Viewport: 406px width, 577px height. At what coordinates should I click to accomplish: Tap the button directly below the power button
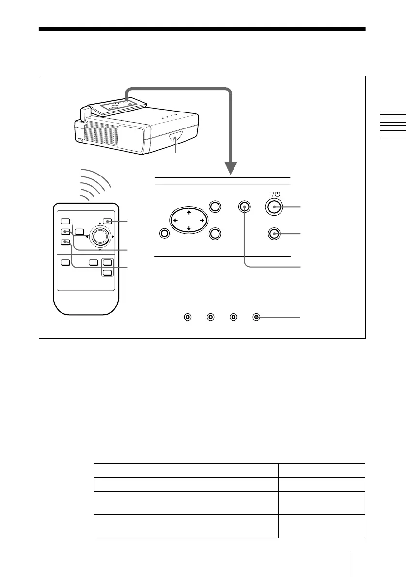275,234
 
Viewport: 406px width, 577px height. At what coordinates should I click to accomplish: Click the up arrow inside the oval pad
186,212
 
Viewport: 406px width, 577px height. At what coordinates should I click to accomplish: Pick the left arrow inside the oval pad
175,220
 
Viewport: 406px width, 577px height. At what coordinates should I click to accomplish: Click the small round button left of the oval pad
164,234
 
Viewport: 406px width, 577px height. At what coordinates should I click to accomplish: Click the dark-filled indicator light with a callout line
256,317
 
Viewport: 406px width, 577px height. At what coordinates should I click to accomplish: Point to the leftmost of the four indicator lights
187,317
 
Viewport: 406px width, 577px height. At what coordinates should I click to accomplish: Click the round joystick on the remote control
100,236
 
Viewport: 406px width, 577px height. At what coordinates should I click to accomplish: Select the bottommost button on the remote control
108,272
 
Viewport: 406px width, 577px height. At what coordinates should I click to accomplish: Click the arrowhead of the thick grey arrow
231,168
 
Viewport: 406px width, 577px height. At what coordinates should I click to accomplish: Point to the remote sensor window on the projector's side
174,140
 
